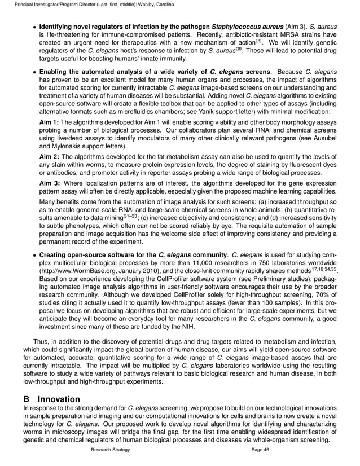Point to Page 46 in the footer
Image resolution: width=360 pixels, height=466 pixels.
260,450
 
